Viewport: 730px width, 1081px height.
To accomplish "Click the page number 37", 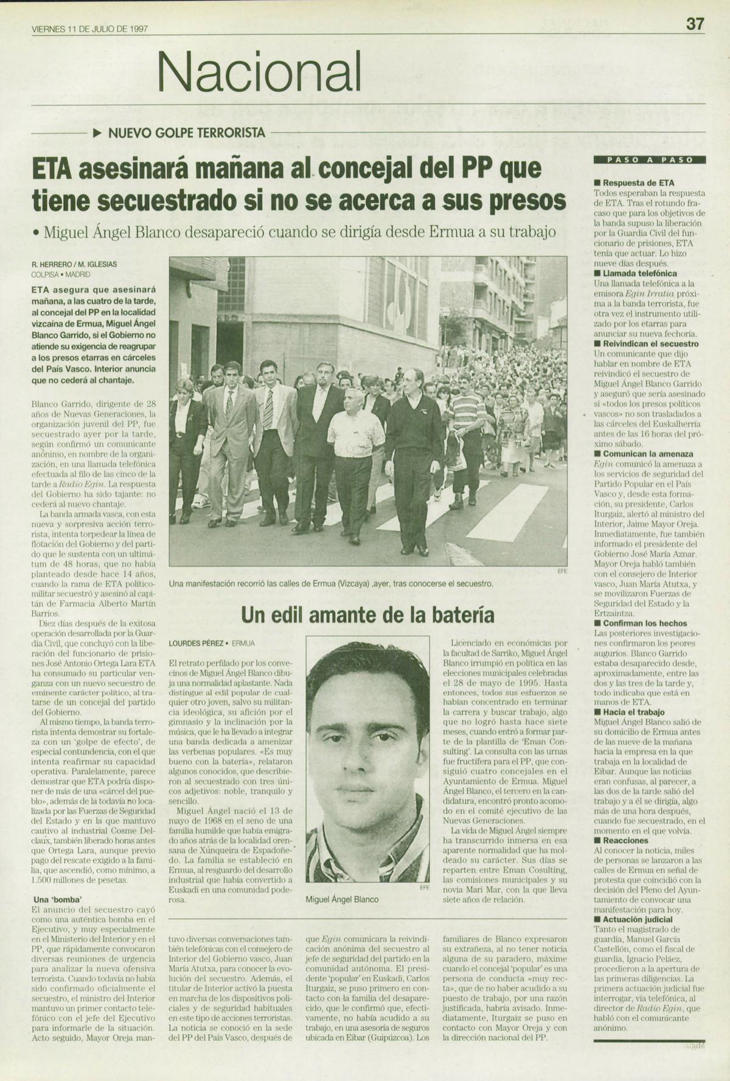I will pyautogui.click(x=695, y=24).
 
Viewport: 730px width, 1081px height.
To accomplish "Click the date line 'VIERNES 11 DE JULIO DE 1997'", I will pyautogui.click(x=90, y=29).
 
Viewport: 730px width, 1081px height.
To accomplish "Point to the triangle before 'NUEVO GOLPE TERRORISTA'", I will pyautogui.click(x=97, y=133).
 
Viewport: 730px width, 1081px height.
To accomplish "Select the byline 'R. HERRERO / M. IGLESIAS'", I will pyautogui.click(x=74, y=265).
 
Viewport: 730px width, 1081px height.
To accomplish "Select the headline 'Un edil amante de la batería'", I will pyautogui.click(x=367, y=615).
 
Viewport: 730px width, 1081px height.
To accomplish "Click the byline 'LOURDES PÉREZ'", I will pyautogui.click(x=196, y=643).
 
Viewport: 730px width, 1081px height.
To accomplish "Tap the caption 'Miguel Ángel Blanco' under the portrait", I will pyautogui.click(x=342, y=899).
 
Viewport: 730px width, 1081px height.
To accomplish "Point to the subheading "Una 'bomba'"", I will pyautogui.click(x=58, y=900).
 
